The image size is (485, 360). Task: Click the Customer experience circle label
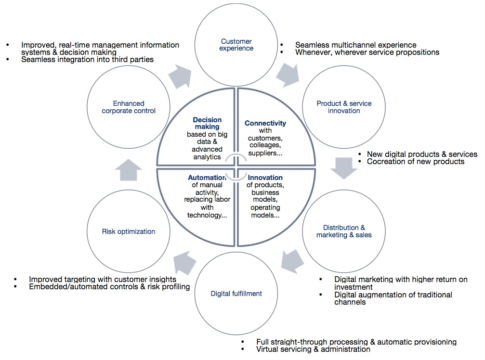237,45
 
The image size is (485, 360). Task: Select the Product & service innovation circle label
344,107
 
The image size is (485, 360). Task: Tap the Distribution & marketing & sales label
344,231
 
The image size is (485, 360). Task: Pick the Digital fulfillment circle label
237,293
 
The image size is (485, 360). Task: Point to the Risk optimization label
129,231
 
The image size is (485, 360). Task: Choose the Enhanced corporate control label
129,107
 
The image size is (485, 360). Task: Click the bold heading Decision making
207,123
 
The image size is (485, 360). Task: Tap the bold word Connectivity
265,123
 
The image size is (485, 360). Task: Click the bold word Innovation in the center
265,178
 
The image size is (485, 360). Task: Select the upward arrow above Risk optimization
129,169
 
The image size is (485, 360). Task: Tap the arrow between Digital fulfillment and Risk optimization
185,262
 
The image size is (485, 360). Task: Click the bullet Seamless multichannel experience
355,45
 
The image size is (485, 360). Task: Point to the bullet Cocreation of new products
415,162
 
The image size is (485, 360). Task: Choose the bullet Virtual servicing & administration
313,349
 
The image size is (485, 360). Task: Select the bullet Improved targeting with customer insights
103,279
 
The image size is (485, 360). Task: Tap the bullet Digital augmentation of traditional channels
393,298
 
